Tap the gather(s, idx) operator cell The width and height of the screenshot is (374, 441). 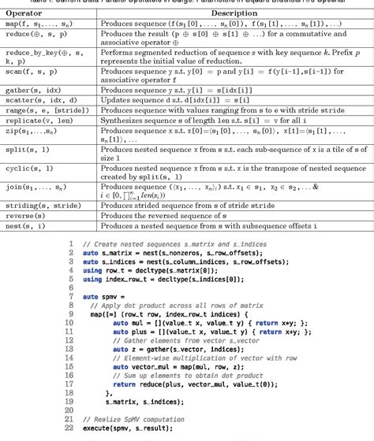[32, 89]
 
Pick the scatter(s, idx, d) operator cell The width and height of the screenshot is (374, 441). [40, 101]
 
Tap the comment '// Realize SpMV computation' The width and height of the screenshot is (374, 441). [131, 421]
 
